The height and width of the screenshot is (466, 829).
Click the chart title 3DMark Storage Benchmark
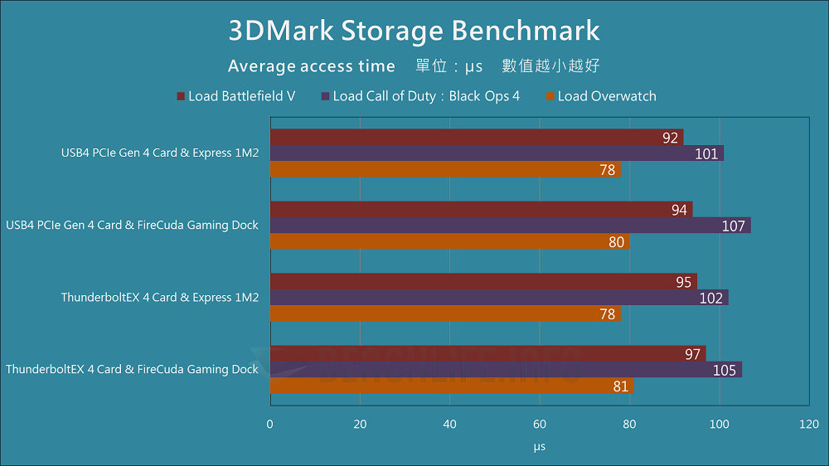coord(414,31)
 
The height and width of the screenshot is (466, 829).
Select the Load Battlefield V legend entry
coord(236,96)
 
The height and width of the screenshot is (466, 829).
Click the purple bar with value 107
coord(510,226)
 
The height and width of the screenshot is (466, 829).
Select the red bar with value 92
coord(476,138)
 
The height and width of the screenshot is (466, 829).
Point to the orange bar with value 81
coord(452,386)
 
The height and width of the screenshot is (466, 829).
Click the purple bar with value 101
coord(497,153)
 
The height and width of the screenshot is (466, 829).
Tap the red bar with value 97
coord(487,354)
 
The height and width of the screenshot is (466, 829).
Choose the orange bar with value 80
coord(449,241)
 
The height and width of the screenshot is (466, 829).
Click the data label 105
coord(725,370)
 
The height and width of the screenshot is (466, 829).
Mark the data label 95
coord(684,282)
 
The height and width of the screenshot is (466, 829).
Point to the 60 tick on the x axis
coord(540,425)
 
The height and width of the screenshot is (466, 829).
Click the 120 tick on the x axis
coord(808,425)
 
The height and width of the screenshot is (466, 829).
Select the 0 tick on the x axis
coord(270,425)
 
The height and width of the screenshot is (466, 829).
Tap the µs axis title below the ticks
coord(540,447)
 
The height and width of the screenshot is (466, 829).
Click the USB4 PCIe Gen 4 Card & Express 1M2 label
coord(160,153)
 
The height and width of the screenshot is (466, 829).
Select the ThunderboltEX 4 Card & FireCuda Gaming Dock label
coord(133,370)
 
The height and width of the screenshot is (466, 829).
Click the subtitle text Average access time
coord(312,66)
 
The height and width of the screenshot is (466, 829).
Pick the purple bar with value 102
coord(499,298)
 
